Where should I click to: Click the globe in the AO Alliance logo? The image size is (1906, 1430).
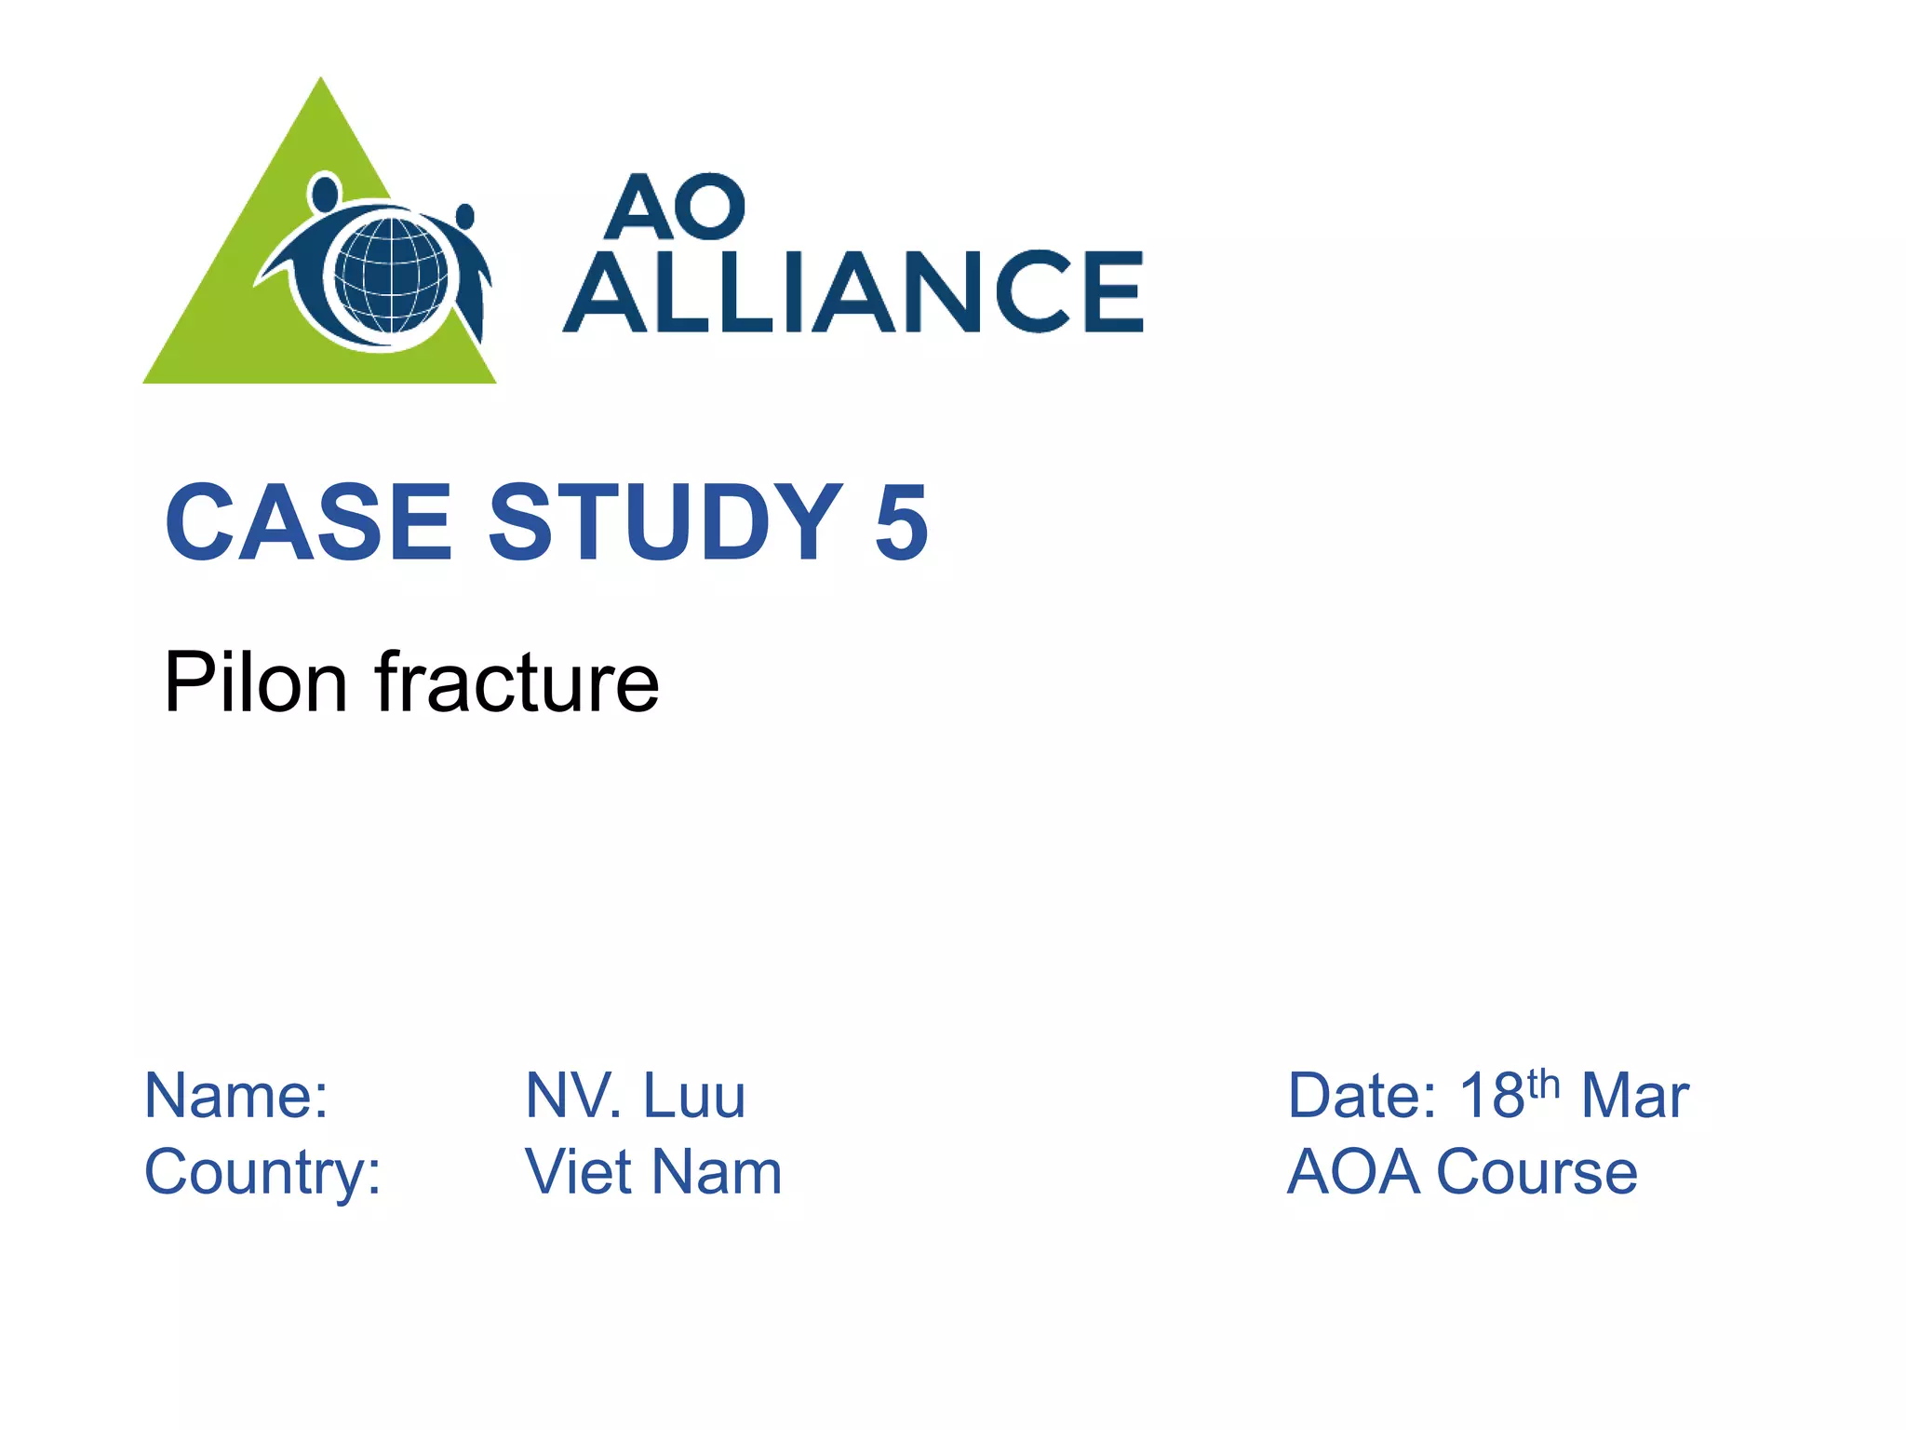[391, 276]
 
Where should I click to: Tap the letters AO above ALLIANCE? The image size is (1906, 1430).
[675, 207]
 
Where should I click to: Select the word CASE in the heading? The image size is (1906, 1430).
[308, 523]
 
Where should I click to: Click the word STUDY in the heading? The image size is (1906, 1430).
[665, 523]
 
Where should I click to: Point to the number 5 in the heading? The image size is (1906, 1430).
[901, 525]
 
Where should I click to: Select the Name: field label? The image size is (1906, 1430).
[236, 1096]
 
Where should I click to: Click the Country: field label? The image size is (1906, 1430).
[262, 1172]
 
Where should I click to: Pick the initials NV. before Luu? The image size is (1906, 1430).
[573, 1096]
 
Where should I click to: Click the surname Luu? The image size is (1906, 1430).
[694, 1096]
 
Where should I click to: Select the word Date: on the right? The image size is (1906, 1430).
[1362, 1096]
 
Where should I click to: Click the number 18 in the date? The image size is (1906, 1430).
[1491, 1096]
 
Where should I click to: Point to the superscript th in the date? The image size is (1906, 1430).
[1543, 1082]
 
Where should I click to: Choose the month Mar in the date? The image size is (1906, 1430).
[1634, 1096]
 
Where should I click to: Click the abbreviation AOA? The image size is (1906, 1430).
[1353, 1172]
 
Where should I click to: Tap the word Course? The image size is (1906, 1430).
[1537, 1172]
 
